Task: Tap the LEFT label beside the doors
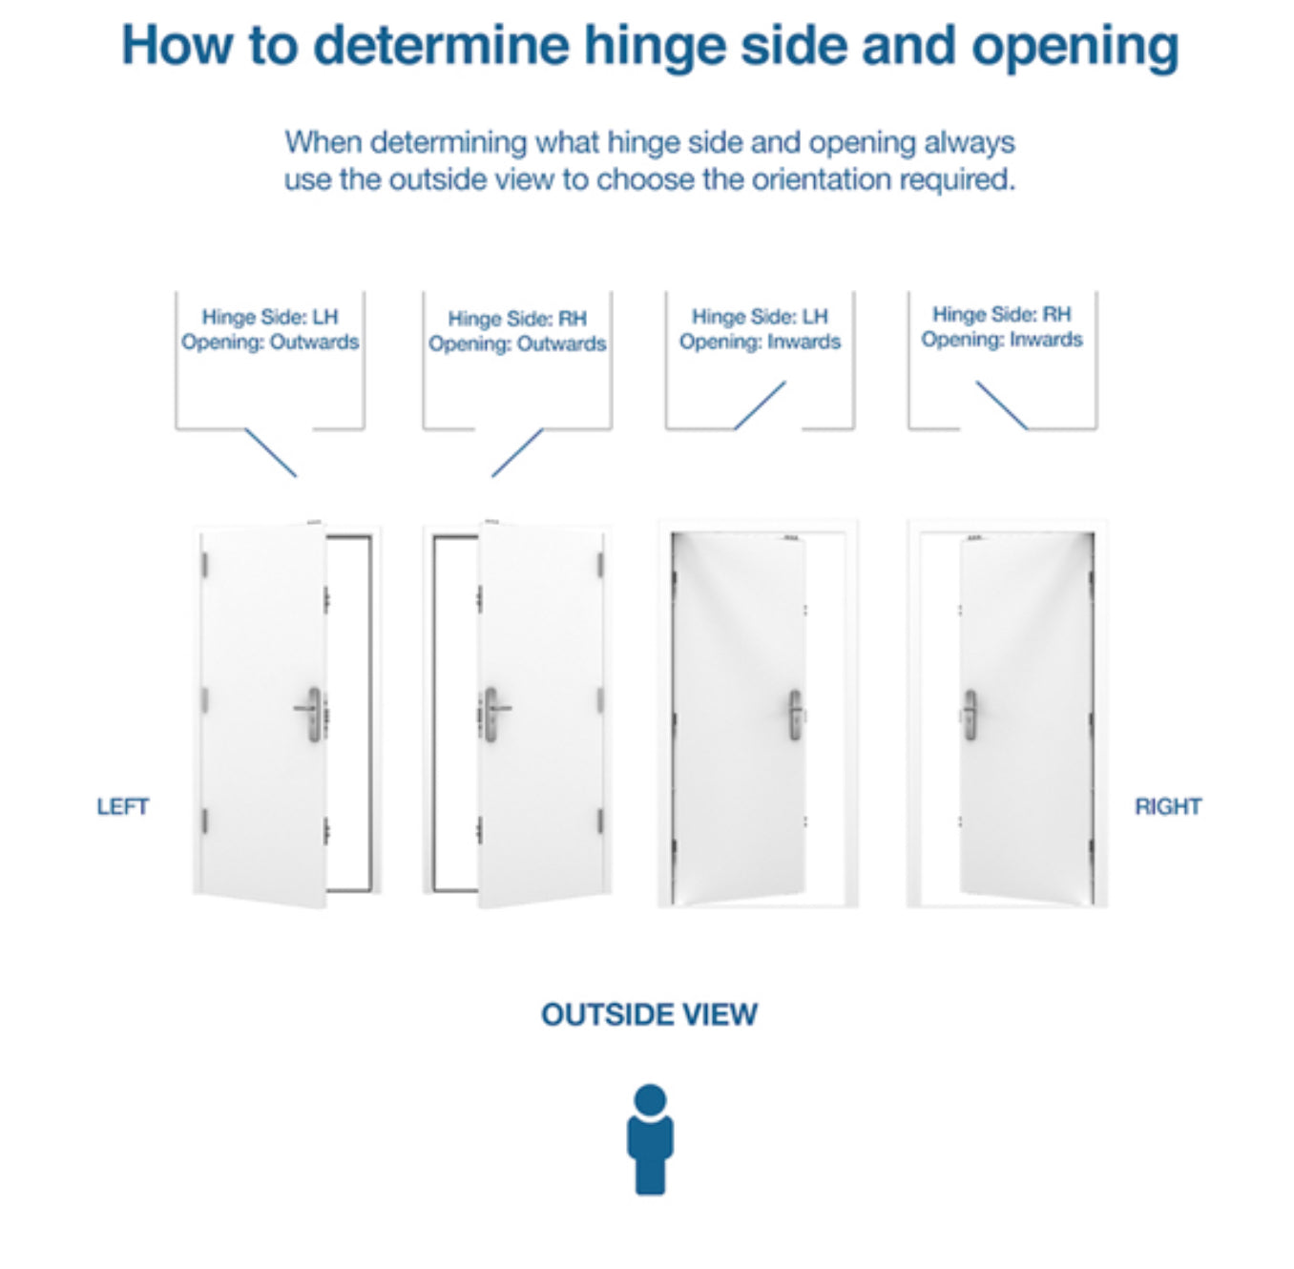(x=123, y=807)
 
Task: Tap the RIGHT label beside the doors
(x=1167, y=807)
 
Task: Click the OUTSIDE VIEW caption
(x=649, y=1014)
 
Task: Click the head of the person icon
(x=650, y=1099)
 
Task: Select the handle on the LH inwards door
(x=795, y=715)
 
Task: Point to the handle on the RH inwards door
(x=970, y=715)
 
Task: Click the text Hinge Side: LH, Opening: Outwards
(x=270, y=330)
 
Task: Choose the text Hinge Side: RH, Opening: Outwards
(x=517, y=332)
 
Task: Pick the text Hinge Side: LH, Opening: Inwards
(x=761, y=329)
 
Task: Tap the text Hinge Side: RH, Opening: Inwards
(x=1002, y=327)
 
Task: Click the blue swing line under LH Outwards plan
(x=271, y=452)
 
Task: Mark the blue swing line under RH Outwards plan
(x=517, y=452)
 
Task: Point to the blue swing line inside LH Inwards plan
(x=760, y=406)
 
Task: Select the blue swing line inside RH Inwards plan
(x=1002, y=406)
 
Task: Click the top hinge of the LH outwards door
(x=204, y=565)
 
